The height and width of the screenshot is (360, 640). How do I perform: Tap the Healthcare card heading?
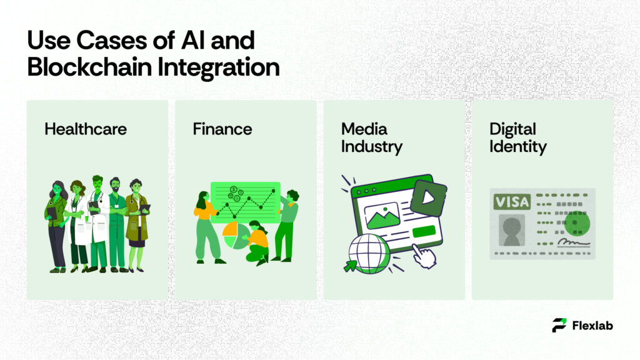pyautogui.click(x=86, y=129)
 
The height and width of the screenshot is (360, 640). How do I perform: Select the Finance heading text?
pyautogui.click(x=222, y=129)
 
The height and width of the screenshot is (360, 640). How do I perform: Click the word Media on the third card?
pyautogui.click(x=364, y=129)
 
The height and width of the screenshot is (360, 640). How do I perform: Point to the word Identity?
pyautogui.click(x=518, y=147)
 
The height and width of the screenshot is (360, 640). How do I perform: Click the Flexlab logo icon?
pyautogui.click(x=559, y=325)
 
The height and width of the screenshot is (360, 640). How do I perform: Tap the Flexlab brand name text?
pyautogui.click(x=592, y=325)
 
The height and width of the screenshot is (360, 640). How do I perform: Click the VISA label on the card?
pyautogui.click(x=511, y=202)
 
